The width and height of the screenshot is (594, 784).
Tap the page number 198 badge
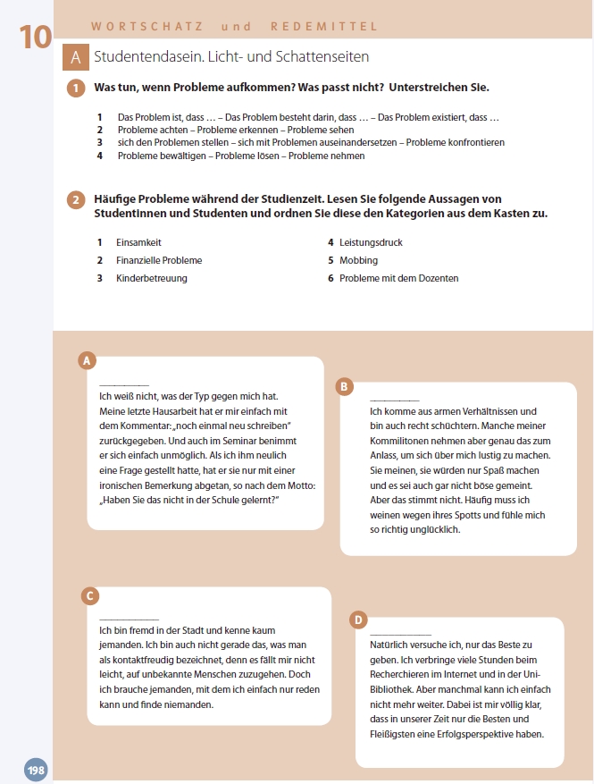pyautogui.click(x=36, y=770)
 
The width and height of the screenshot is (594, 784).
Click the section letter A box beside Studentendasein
pyautogui.click(x=76, y=57)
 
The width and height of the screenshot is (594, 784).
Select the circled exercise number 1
pyautogui.click(x=77, y=89)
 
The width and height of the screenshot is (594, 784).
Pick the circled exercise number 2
pyautogui.click(x=77, y=199)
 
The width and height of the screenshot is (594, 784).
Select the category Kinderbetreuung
pyautogui.click(x=151, y=278)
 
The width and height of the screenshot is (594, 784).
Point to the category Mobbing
pyautogui.click(x=358, y=260)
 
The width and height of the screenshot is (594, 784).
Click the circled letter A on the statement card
pyautogui.click(x=87, y=360)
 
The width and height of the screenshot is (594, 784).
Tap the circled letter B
pyautogui.click(x=344, y=386)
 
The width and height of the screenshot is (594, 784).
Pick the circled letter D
pyautogui.click(x=358, y=619)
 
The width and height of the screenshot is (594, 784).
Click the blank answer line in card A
pyautogui.click(x=124, y=385)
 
